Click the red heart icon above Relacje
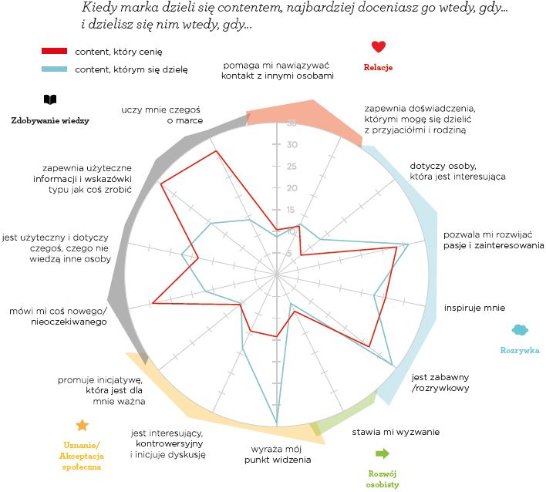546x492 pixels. tap(378, 47)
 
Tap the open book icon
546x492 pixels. tap(50, 100)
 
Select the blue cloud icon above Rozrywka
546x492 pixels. tap(520, 330)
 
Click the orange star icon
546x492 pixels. tap(82, 426)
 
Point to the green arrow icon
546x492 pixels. tap(382, 453)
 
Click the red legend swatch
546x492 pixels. tap(55, 51)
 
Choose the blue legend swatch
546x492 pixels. tap(55, 70)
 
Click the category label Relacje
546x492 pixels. tap(378, 67)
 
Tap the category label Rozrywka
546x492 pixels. tap(519, 350)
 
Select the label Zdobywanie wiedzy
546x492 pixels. tap(50, 120)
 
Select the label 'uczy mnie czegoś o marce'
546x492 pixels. tap(152, 115)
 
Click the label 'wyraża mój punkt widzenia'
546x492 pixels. tap(278, 454)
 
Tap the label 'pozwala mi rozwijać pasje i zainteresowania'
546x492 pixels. tap(494, 240)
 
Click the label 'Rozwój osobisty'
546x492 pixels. tap(383, 478)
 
